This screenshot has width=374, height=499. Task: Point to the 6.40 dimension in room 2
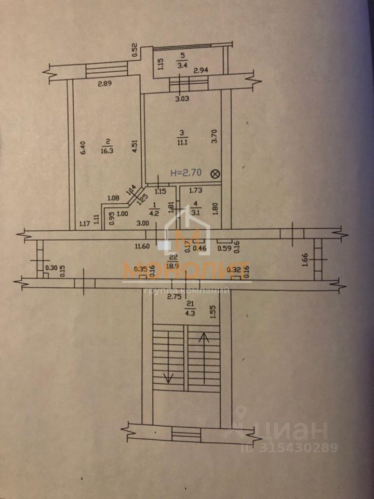[x=82, y=150]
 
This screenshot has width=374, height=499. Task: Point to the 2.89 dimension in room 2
[x=105, y=82]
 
